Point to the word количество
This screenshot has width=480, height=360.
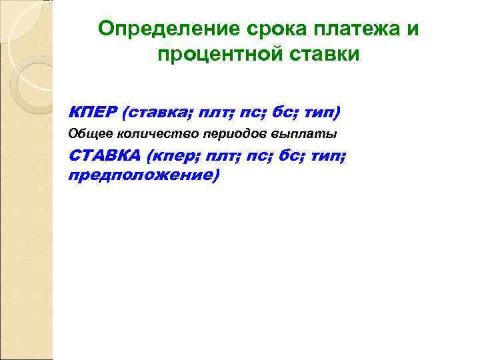[x=142, y=133]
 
